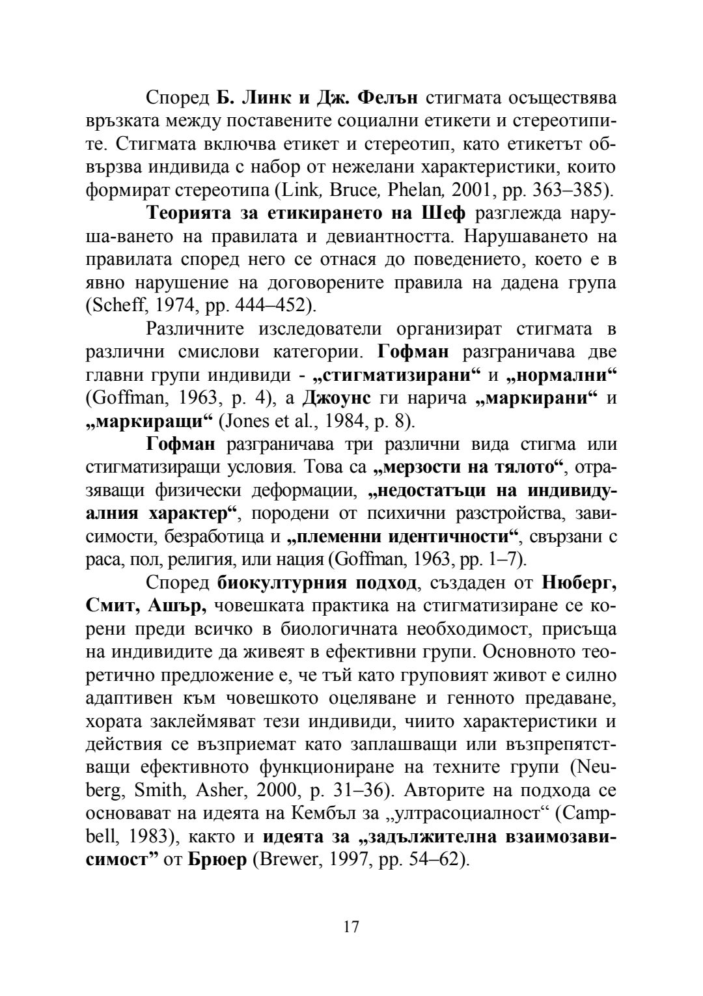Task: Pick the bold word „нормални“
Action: click(560, 376)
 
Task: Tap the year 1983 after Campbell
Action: click(138, 837)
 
